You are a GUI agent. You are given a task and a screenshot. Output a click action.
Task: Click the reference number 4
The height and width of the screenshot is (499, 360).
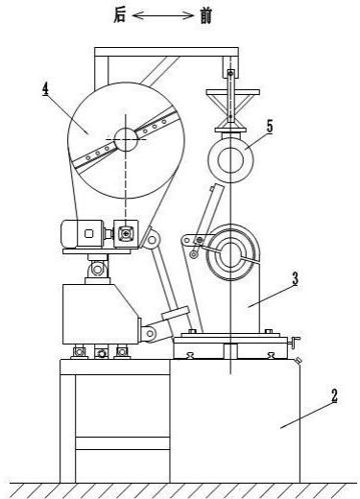[x=46, y=88]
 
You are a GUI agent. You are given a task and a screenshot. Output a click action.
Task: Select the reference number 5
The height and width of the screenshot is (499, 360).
[x=270, y=127]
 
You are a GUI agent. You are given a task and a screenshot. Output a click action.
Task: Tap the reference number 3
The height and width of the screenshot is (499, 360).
[x=295, y=279]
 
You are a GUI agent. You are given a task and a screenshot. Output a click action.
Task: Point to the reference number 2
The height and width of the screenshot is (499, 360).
[x=334, y=396]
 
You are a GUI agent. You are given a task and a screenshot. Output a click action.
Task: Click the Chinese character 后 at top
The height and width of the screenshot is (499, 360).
[x=120, y=15]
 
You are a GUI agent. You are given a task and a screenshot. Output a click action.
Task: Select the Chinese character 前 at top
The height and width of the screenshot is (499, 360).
[x=205, y=15]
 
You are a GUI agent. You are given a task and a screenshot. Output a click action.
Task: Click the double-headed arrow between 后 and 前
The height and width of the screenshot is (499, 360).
[x=162, y=15]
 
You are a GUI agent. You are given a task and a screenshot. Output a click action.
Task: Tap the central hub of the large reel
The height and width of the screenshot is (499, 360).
[x=126, y=139]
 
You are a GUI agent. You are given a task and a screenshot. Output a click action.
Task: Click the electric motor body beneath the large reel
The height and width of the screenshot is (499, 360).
[x=83, y=234]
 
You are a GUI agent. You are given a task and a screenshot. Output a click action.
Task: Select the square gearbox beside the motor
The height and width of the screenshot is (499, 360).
[x=127, y=234]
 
